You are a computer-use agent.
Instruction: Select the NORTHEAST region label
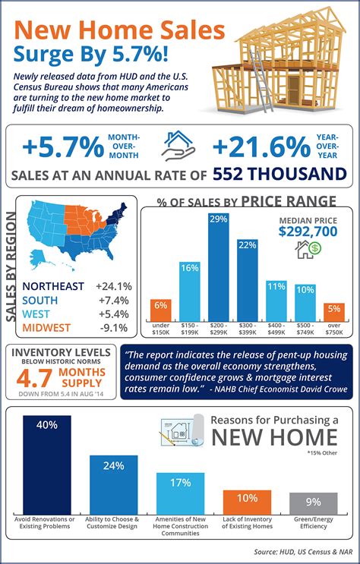click(54, 286)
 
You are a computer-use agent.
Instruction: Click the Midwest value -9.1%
click(114, 327)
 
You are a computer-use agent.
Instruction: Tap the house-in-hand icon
click(179, 145)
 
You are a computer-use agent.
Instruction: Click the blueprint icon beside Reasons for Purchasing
click(182, 430)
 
